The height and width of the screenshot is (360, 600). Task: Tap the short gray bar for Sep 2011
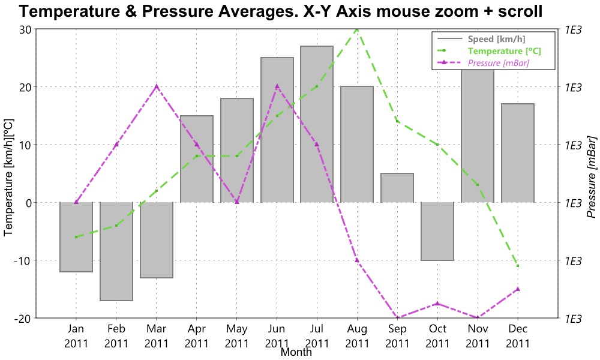397,188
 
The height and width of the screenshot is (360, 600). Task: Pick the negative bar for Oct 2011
437,231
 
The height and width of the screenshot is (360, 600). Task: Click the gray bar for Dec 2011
518,153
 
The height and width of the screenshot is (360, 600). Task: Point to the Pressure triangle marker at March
157,86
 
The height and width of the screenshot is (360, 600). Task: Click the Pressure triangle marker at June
277,86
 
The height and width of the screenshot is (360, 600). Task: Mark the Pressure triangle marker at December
518,289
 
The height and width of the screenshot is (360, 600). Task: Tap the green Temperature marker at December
518,266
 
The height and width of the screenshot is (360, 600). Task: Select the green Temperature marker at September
397,121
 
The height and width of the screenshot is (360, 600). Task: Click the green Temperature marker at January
76,237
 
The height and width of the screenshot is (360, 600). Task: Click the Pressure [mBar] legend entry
498,62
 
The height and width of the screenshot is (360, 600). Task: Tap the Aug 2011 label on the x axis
357,336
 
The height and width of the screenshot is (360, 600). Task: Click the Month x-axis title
296,352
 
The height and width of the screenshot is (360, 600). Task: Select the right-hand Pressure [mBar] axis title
591,174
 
